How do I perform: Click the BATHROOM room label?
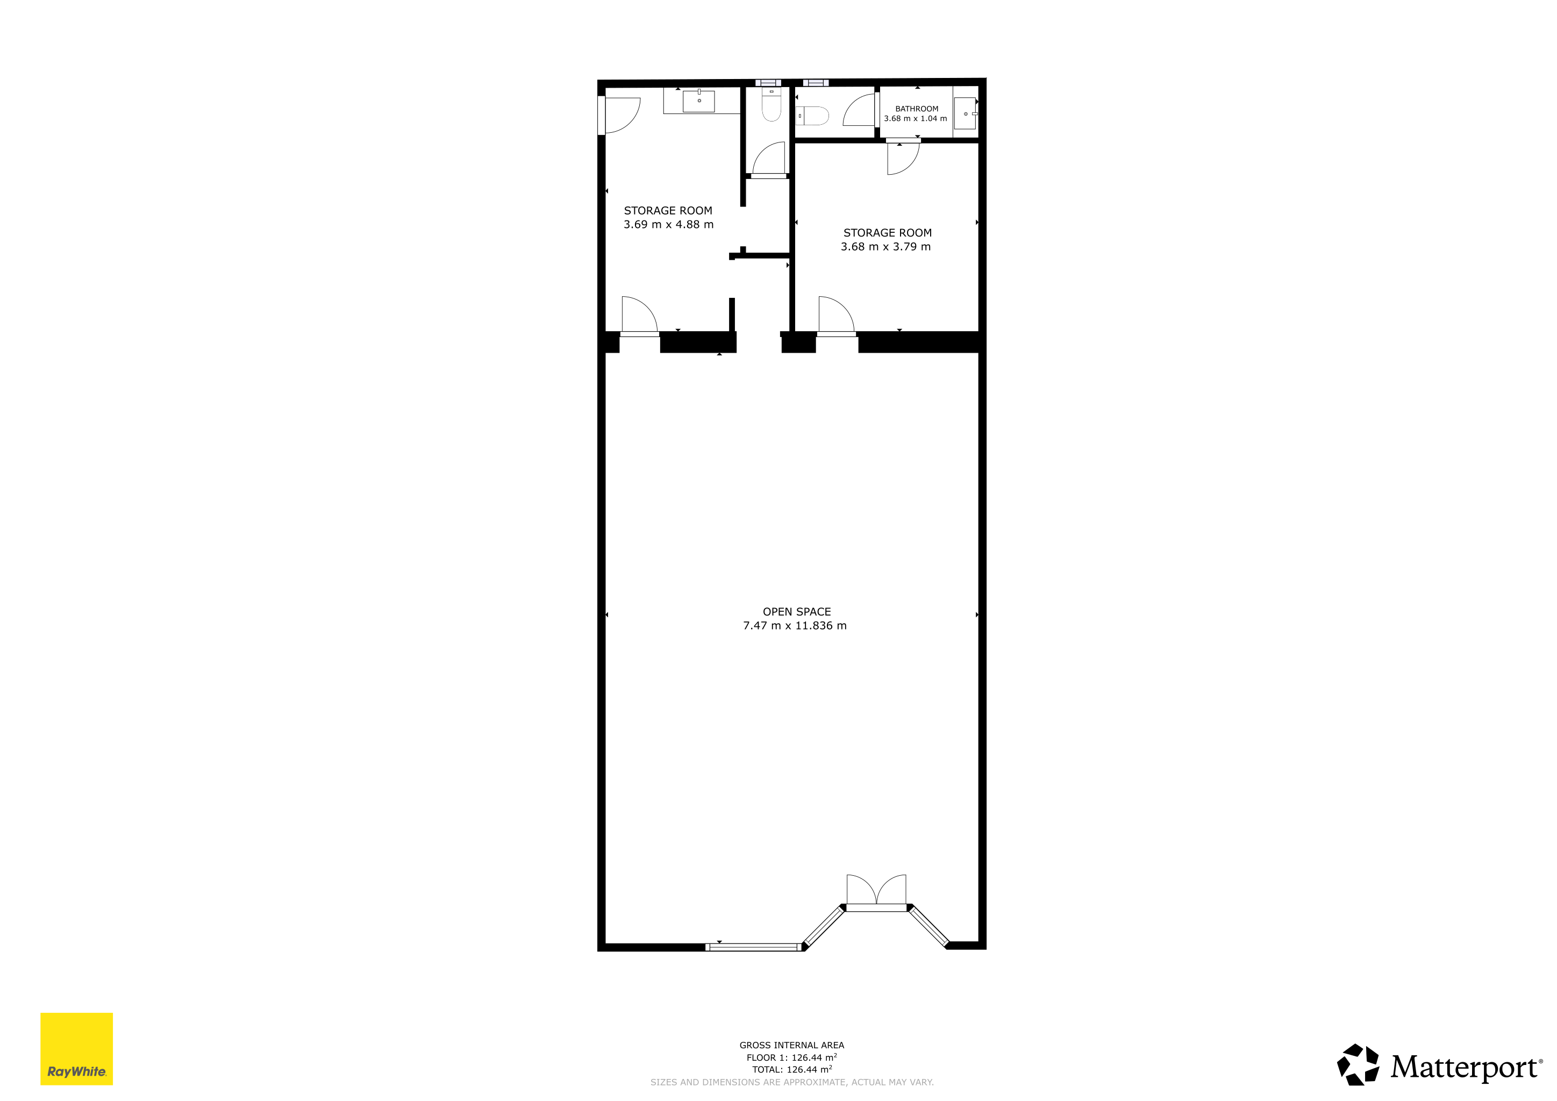pos(916,109)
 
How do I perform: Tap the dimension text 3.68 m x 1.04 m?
pos(916,119)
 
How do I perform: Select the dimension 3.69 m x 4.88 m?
pos(669,224)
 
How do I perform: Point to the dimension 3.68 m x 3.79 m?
pos(885,247)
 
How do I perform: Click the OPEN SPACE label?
pos(797,611)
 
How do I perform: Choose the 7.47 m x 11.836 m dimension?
pos(795,626)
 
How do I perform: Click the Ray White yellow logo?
pos(77,1049)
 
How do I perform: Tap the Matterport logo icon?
pos(1358,1064)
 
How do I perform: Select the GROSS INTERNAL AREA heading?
pos(792,1046)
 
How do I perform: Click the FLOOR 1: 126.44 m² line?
pos(792,1057)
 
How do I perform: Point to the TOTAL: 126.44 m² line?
pos(792,1070)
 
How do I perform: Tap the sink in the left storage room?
pos(698,101)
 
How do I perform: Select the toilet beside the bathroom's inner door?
pos(812,116)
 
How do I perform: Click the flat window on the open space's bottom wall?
pos(753,947)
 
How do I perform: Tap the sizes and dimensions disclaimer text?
pos(792,1082)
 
